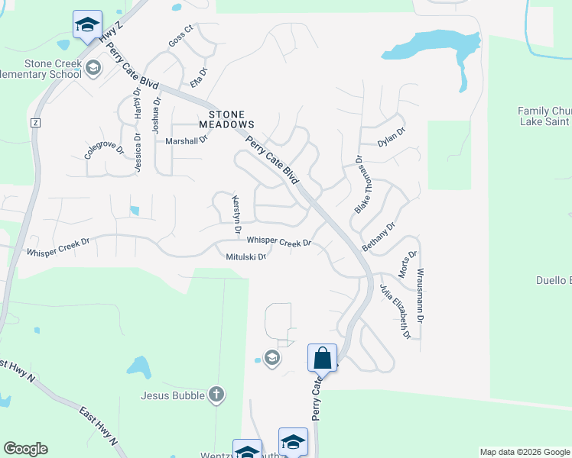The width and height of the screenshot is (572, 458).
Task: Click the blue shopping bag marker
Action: point(322,357)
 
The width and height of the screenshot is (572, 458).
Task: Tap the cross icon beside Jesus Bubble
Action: point(216,395)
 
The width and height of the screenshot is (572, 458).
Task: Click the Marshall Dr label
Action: point(187,141)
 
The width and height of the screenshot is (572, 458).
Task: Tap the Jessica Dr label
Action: point(138,153)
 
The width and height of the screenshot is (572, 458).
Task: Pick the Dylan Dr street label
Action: point(391,137)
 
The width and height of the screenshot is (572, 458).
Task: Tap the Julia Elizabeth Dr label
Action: point(395,311)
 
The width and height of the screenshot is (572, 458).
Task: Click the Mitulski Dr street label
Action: point(245,257)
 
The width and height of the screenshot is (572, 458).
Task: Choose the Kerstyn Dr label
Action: point(236,214)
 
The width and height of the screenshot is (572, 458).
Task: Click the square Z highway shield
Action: point(34,122)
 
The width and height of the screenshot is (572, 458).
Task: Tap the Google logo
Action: point(25,449)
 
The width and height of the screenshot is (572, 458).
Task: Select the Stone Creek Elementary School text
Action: point(41,69)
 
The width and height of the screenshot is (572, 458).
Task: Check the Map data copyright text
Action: point(524,452)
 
